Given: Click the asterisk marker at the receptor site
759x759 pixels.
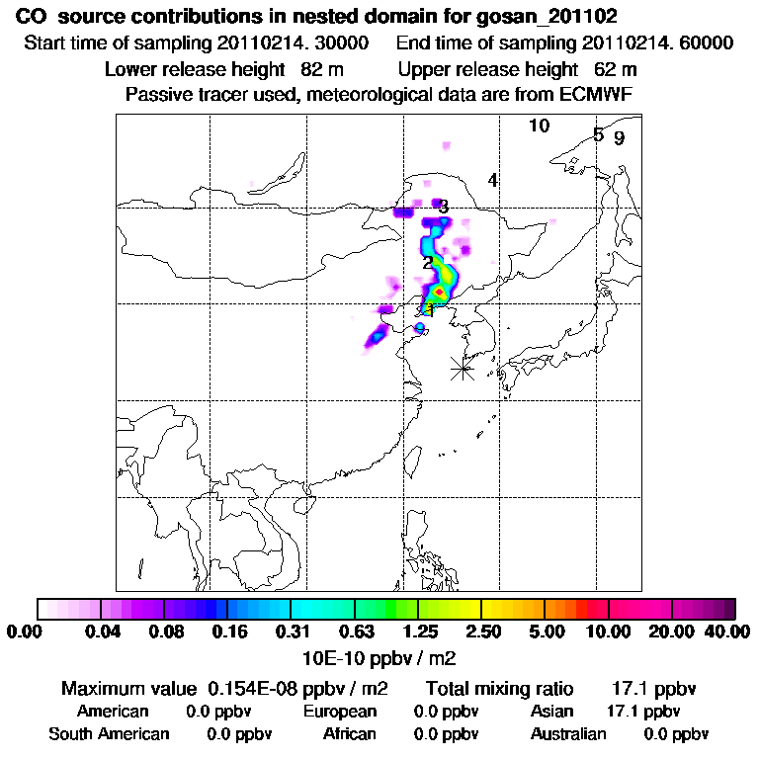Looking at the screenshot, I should [x=462, y=369].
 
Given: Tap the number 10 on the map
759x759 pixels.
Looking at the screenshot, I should [x=539, y=126].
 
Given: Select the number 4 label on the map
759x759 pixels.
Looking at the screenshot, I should [x=492, y=180].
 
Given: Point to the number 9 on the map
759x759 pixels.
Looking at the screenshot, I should [x=619, y=138].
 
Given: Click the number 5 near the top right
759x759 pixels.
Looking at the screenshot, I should [x=598, y=134].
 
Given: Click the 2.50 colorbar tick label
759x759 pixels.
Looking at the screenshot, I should [x=481, y=631].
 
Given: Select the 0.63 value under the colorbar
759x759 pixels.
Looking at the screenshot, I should [x=355, y=631].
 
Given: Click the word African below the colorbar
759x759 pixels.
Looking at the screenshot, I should [x=350, y=734].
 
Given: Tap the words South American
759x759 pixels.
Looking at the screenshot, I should [x=110, y=734].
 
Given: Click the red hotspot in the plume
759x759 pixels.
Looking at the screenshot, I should [x=439, y=292].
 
